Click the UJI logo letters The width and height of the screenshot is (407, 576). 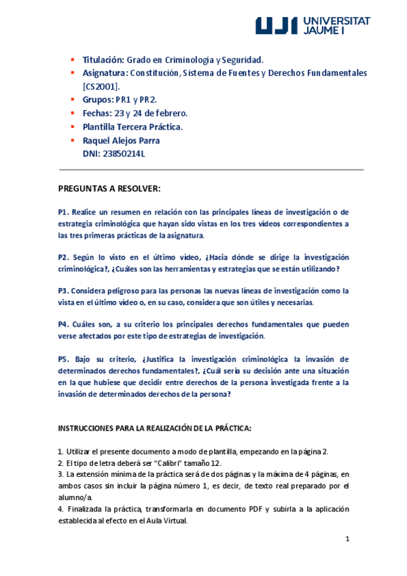pyautogui.click(x=277, y=26)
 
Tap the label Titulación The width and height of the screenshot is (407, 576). pyautogui.click(x=103, y=60)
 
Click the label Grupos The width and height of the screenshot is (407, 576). pyautogui.click(x=97, y=99)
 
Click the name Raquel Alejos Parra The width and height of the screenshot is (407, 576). pyautogui.click(x=122, y=140)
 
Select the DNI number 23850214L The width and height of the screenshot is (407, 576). pyautogui.click(x=124, y=154)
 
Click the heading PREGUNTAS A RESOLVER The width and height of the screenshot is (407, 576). pyautogui.click(x=109, y=188)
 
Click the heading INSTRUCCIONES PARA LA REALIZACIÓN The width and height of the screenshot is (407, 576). pyautogui.click(x=155, y=428)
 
